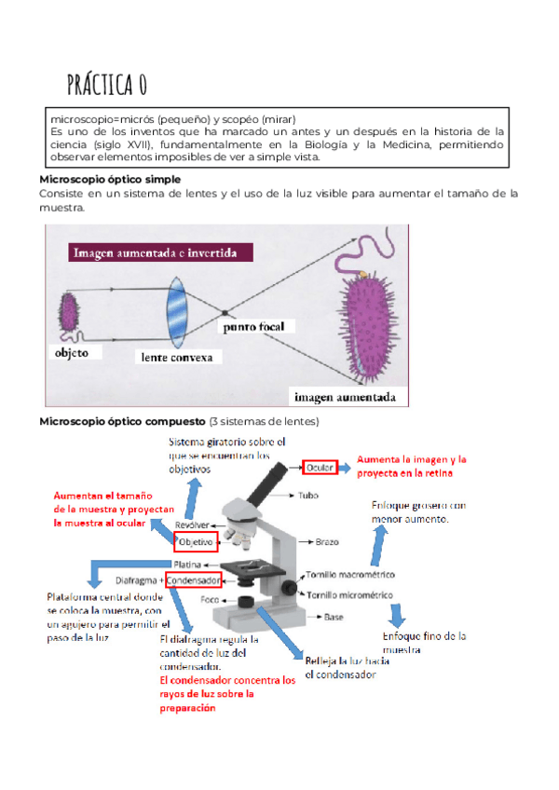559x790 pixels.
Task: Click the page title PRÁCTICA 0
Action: [106, 86]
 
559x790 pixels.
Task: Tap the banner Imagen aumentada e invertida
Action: [155, 252]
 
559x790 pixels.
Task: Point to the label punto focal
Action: [258, 327]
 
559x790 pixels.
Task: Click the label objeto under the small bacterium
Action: [72, 353]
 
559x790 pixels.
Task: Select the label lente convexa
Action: [177, 357]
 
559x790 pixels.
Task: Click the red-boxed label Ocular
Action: [320, 465]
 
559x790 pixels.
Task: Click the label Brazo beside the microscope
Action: [328, 541]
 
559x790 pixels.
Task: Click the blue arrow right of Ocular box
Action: [346, 465]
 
